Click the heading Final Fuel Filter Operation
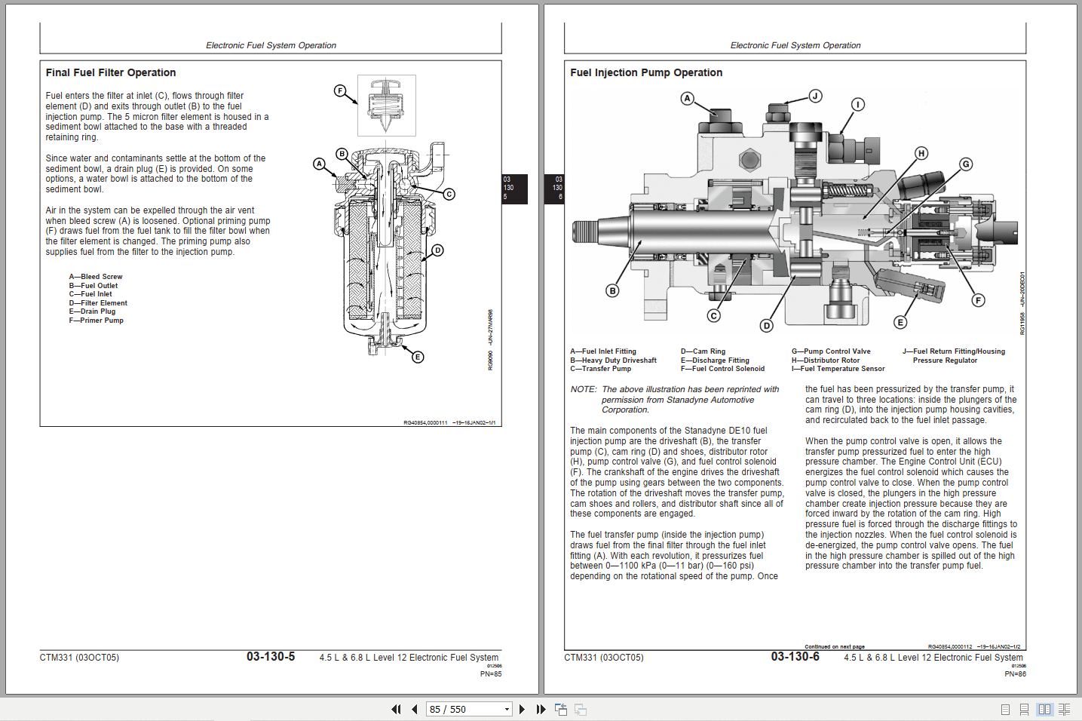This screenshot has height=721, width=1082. (x=111, y=72)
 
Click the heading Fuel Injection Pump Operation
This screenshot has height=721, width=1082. (x=646, y=72)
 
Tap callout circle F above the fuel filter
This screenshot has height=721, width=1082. (x=340, y=91)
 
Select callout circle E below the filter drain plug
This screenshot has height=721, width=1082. (x=418, y=357)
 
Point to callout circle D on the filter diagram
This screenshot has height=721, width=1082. (x=437, y=250)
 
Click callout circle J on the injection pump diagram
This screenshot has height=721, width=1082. (x=815, y=96)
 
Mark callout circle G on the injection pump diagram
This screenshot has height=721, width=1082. (x=966, y=164)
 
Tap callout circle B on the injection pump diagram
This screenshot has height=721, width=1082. (x=612, y=290)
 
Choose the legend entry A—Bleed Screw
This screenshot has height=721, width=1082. (x=96, y=277)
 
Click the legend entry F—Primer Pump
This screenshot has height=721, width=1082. (x=97, y=321)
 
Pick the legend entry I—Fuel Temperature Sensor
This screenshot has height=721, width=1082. (x=838, y=369)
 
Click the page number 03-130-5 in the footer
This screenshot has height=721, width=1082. (x=271, y=657)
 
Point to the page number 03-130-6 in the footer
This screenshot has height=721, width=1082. (x=795, y=657)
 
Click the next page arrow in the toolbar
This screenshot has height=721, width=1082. (x=522, y=709)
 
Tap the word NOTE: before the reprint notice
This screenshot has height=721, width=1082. (x=584, y=390)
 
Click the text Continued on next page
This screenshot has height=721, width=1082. (x=835, y=646)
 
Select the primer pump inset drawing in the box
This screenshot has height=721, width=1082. (x=387, y=106)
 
